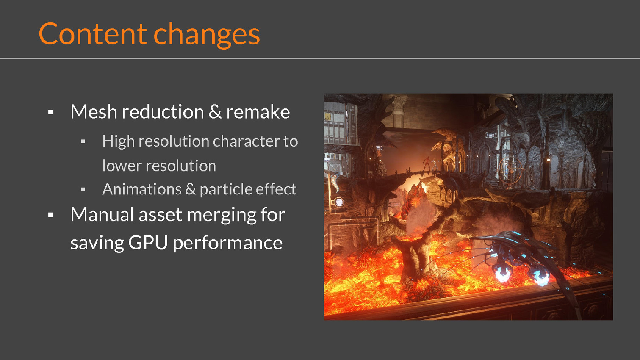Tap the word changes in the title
pos(207,35)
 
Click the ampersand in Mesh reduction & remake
pos(215,111)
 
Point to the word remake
pos(258,111)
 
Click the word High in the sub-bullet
pos(118,141)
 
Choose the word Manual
pos(102,214)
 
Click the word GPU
pos(148,242)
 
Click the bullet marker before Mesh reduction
pos(50,112)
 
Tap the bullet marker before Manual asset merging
pos(50,215)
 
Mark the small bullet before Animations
pos(83,189)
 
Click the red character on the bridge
pos(427,164)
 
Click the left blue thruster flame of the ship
pos(502,273)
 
